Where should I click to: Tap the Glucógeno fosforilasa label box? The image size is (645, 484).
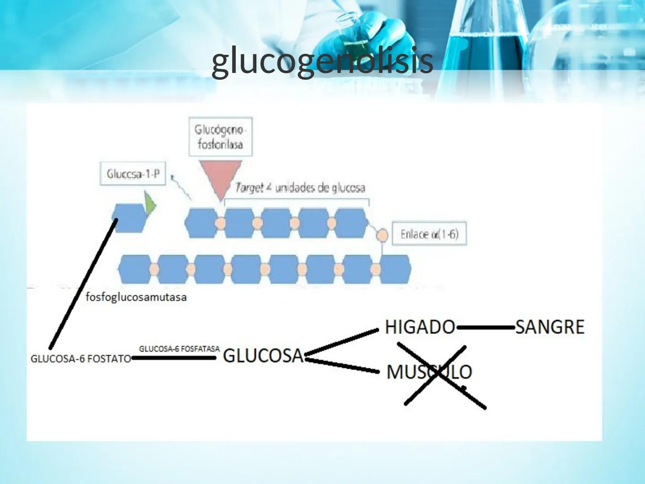tap(220, 137)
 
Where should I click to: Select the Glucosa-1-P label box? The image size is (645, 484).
tap(133, 174)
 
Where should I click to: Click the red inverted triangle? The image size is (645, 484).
tap(219, 178)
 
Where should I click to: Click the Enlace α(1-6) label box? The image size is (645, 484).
tap(429, 234)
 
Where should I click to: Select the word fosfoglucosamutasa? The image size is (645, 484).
tap(136, 297)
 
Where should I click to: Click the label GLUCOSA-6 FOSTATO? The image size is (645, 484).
tap(81, 359)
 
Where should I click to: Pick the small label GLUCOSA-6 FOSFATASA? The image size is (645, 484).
tap(179, 349)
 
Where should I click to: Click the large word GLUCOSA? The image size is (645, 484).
tap(263, 356)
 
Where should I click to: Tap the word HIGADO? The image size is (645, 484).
tap(420, 327)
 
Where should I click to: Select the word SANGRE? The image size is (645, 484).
tap(550, 327)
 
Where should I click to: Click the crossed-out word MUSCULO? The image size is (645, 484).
tap(429, 372)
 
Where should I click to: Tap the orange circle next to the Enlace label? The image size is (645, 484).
tap(382, 235)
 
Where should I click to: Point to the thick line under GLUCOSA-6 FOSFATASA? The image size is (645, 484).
tap(174, 358)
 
